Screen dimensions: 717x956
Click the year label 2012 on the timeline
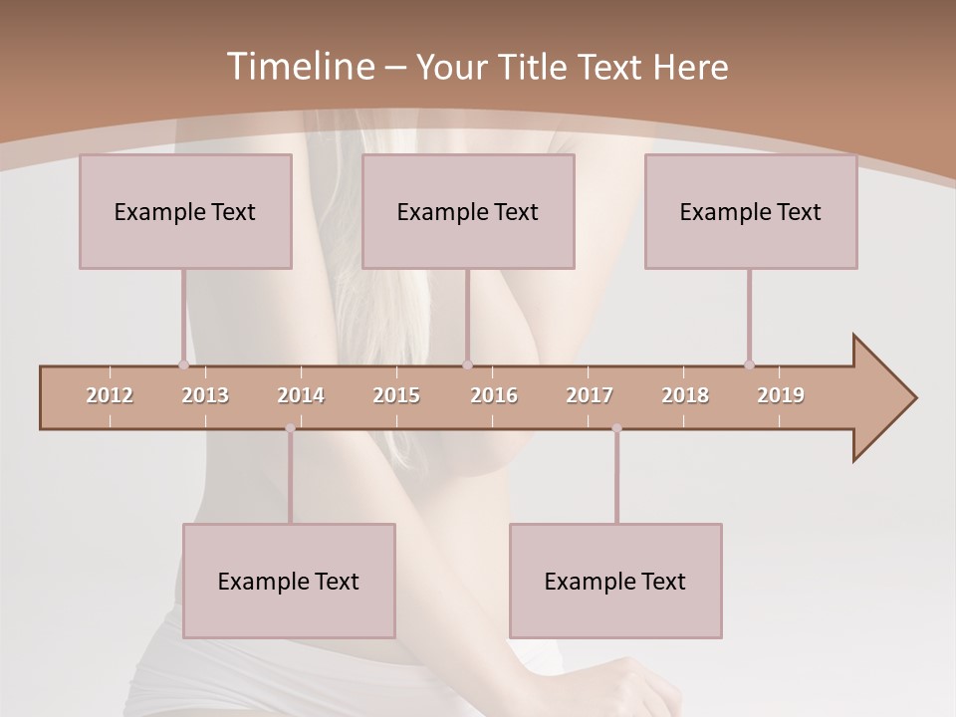tap(110, 395)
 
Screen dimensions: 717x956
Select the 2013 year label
tap(205, 395)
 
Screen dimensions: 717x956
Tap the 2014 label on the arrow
tap(301, 395)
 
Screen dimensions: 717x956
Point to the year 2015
tap(396, 395)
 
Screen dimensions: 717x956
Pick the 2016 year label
tap(494, 395)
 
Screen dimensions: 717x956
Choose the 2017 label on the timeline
tap(590, 395)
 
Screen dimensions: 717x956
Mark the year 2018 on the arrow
tap(685, 395)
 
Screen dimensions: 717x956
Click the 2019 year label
tap(781, 395)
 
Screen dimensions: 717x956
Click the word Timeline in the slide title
tap(301, 67)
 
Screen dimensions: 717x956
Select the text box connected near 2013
tap(185, 212)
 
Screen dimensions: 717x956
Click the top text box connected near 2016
tap(468, 212)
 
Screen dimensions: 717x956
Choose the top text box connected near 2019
tap(751, 212)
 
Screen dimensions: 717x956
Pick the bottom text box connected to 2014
tap(289, 582)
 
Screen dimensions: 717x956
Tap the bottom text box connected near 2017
tap(615, 582)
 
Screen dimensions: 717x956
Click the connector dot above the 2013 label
tap(183, 364)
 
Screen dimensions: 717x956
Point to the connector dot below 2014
tap(290, 428)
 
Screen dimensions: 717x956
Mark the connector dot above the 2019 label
tap(749, 364)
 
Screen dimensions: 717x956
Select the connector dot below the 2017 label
tap(616, 428)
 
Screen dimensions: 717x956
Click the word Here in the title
tap(690, 68)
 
